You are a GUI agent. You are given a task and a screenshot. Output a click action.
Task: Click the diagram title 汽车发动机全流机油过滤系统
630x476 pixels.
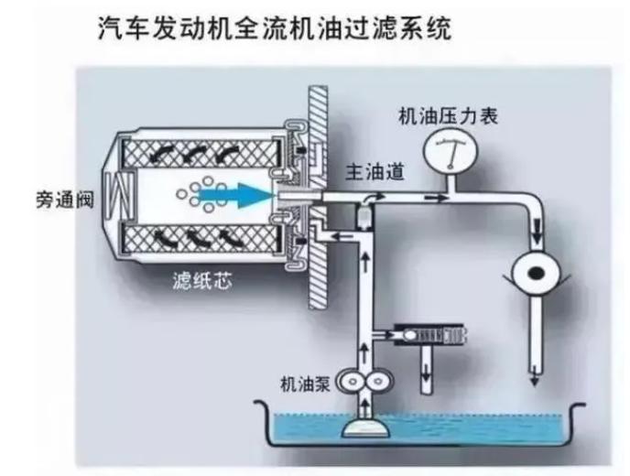tap(275, 28)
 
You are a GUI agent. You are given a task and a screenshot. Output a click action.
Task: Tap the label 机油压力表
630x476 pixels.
tap(448, 116)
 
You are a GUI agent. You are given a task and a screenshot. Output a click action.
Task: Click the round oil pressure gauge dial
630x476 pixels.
tap(451, 150)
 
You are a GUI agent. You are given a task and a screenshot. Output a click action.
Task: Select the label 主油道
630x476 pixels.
tap(375, 172)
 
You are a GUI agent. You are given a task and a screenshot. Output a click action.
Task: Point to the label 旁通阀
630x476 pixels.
tap(65, 200)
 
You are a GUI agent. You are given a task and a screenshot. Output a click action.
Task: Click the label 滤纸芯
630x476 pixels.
tap(202, 280)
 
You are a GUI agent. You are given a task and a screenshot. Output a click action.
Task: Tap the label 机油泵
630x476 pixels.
tap(306, 384)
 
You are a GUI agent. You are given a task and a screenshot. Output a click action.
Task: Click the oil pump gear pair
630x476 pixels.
tap(364, 381)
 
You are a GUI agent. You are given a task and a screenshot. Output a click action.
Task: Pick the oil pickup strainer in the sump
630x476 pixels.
tap(365, 428)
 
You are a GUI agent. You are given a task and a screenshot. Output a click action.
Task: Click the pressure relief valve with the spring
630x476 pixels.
tap(430, 335)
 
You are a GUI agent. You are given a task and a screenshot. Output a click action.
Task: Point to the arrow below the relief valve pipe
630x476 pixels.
tap(426, 374)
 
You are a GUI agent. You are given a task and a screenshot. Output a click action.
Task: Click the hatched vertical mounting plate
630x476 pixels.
tap(318, 198)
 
